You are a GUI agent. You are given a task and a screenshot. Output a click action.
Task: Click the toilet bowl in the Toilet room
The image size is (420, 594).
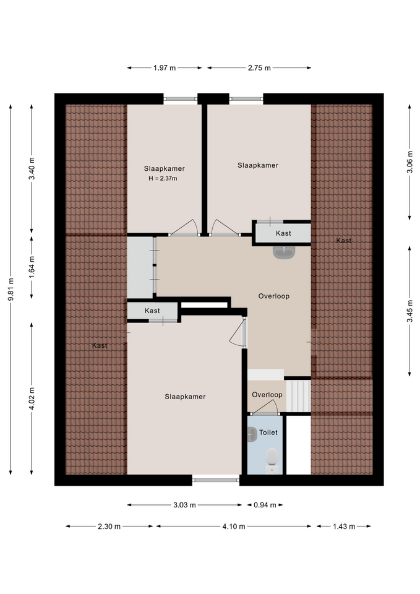coord(272,459)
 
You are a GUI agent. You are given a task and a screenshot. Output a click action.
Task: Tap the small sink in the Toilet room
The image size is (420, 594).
coord(252,434)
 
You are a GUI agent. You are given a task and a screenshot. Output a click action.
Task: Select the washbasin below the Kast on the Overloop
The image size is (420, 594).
coord(284,252)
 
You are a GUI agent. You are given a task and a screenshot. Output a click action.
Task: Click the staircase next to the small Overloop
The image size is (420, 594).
coord(298,396)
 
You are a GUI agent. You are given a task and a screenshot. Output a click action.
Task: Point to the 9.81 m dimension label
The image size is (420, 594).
coord(11,290)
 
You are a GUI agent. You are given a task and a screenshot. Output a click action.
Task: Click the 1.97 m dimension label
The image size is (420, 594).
coord(165,68)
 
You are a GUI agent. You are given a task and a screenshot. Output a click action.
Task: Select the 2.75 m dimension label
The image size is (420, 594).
coord(259,68)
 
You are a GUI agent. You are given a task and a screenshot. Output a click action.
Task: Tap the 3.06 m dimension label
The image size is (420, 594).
coord(409,162)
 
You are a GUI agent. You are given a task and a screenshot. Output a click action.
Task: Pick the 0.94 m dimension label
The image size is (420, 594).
coord(265,505)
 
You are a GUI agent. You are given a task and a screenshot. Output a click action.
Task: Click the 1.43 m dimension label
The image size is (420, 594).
coord(344,527)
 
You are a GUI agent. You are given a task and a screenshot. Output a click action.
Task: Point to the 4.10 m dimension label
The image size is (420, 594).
coord(234,527)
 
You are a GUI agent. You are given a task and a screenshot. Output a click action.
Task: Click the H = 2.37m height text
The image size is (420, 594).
coord(163,178)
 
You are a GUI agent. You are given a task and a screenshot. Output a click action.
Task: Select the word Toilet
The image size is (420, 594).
coord(268,433)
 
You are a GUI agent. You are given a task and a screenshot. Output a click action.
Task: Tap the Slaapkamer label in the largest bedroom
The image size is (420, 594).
coord(185,397)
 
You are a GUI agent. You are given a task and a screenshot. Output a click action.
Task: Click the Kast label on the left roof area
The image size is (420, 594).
coord(100,345)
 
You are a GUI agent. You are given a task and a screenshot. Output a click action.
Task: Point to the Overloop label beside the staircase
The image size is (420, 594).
coord(267,395)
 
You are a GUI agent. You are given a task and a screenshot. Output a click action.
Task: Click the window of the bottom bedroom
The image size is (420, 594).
coord(216,480)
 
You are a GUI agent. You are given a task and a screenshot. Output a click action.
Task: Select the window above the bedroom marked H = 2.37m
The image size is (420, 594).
coord(180,99)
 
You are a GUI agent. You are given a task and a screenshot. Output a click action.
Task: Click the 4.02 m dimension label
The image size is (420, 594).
coord(32,398)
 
